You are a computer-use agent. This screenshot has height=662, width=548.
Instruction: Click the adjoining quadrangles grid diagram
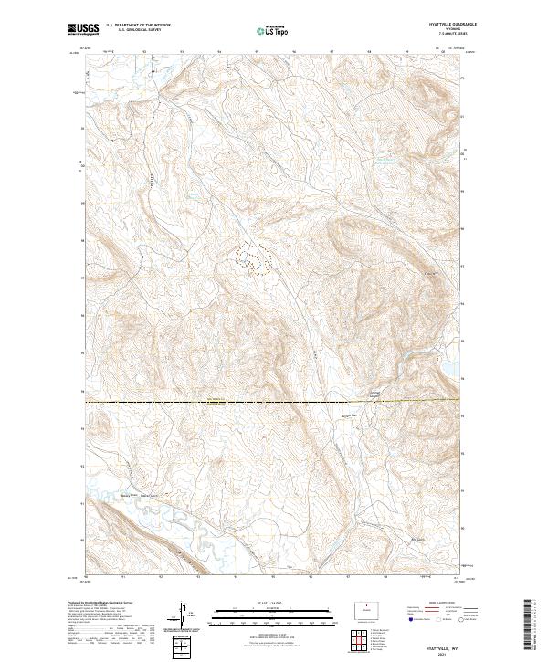point(350,641)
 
